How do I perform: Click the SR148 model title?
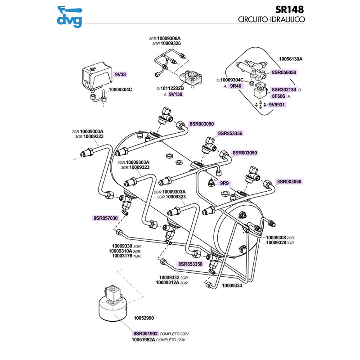pyautogui.click(x=289, y=9)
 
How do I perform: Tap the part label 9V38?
pyautogui.click(x=120, y=74)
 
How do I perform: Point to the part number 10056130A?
pyautogui.click(x=291, y=59)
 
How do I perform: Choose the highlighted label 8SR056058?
pyautogui.click(x=284, y=72)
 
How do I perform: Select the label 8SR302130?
pyautogui.click(x=284, y=90)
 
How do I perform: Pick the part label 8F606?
pyautogui.click(x=278, y=96)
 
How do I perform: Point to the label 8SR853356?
pyautogui.click(x=230, y=134)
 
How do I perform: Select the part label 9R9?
pyautogui.click(x=224, y=183)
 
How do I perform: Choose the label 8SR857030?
pyautogui.click(x=105, y=218)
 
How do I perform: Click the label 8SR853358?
pyautogui.click(x=190, y=264)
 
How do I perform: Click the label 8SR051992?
pyautogui.click(x=145, y=333)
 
